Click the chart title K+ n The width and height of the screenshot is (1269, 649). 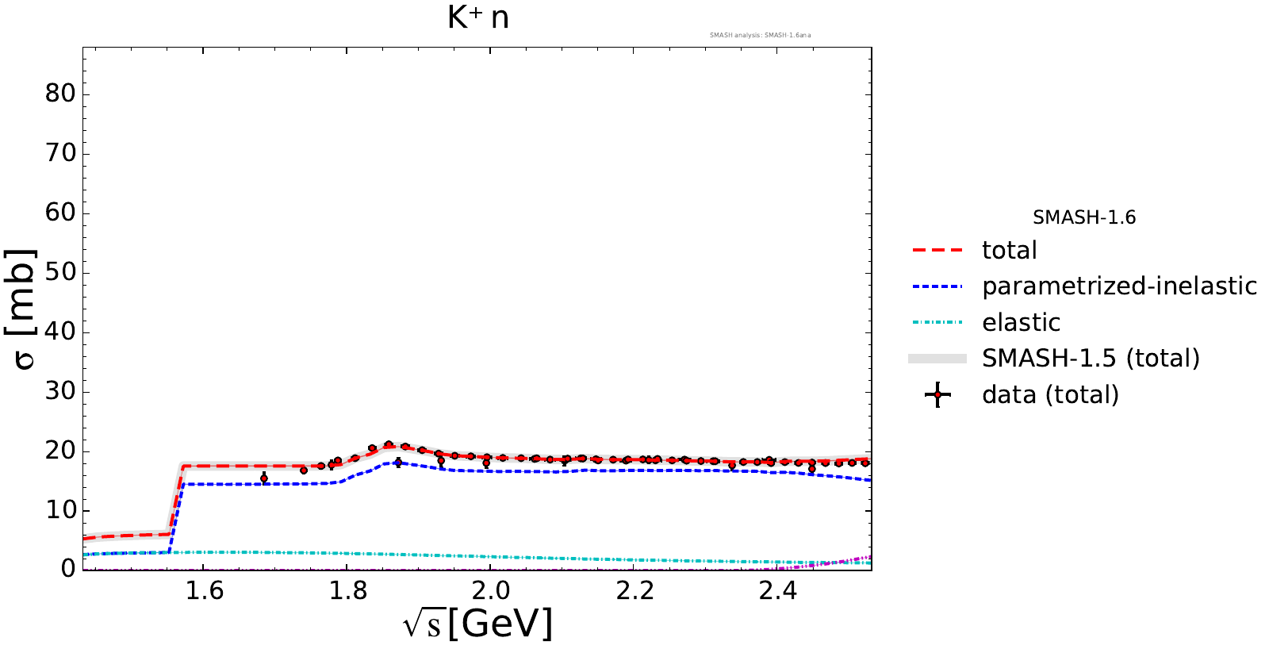coord(477,17)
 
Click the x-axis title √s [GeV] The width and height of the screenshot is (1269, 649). coord(477,624)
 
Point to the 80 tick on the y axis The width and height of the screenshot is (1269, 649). coord(60,94)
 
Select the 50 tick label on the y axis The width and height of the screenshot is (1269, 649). coord(60,272)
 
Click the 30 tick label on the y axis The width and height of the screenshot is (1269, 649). coord(60,391)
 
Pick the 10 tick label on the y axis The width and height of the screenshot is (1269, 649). coord(60,510)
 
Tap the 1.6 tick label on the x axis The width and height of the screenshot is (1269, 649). coord(204,591)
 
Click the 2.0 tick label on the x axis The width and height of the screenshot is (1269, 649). coord(491,591)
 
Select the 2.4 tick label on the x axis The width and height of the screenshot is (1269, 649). coord(777,591)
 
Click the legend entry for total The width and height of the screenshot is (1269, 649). coord(1009,251)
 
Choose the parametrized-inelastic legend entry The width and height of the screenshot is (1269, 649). coord(1119,286)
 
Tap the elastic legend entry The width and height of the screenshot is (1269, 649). coord(1021,323)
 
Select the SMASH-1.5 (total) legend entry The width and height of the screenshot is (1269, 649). coord(1091,359)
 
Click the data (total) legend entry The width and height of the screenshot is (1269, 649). coord(1050,395)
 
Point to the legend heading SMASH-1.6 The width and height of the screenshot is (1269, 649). coord(1084,217)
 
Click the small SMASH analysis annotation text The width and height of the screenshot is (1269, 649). coord(760,35)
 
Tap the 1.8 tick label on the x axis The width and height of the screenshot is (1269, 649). coord(347,591)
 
